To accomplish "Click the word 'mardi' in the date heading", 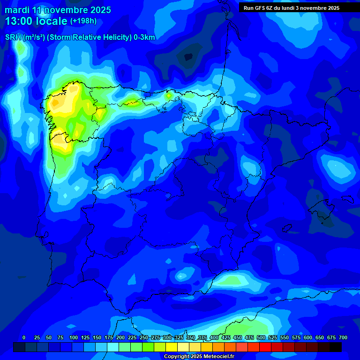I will tap(17, 10).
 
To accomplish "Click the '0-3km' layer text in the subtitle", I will tap(144, 37).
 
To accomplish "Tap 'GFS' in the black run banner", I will tap(259, 8).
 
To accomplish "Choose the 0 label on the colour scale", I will tap(24, 337).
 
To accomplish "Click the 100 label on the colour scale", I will tap(74, 337).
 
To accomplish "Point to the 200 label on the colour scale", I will tap(120, 337).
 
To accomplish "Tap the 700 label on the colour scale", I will tap(343, 337).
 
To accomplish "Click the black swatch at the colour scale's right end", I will tap(336, 347).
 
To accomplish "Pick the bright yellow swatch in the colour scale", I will tap(172, 347).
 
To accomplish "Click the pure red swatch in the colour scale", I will tap(265, 347).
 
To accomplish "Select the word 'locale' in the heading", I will tap(52, 21).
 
